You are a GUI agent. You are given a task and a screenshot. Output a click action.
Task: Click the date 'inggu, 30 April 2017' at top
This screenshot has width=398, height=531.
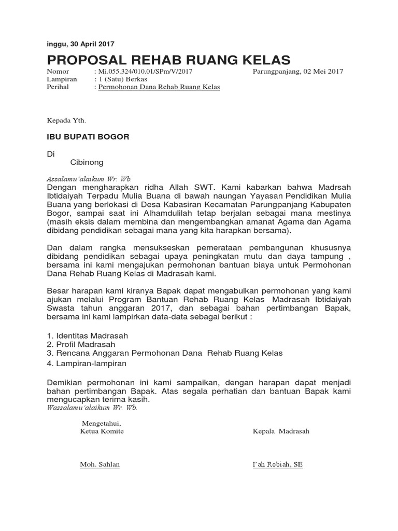(80, 44)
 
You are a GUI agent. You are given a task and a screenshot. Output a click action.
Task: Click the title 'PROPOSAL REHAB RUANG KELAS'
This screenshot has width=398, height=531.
(168, 59)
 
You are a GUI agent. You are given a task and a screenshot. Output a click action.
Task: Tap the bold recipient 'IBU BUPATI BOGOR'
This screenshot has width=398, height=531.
(88, 137)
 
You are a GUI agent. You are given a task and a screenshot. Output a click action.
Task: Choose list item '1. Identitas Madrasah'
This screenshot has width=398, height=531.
(87, 336)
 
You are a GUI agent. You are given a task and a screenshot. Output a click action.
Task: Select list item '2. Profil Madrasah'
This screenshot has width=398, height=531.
(81, 344)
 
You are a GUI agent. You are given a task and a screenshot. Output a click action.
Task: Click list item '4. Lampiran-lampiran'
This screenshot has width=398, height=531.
(86, 364)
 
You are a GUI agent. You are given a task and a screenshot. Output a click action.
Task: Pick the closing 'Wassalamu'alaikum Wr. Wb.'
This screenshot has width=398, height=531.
(92, 408)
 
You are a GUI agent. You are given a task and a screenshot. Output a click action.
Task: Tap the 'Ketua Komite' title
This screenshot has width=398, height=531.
(102, 431)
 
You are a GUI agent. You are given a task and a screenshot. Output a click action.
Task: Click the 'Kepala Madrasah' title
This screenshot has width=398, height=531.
(280, 431)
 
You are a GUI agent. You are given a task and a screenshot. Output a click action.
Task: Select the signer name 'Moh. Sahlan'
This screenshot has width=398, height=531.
(99, 464)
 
